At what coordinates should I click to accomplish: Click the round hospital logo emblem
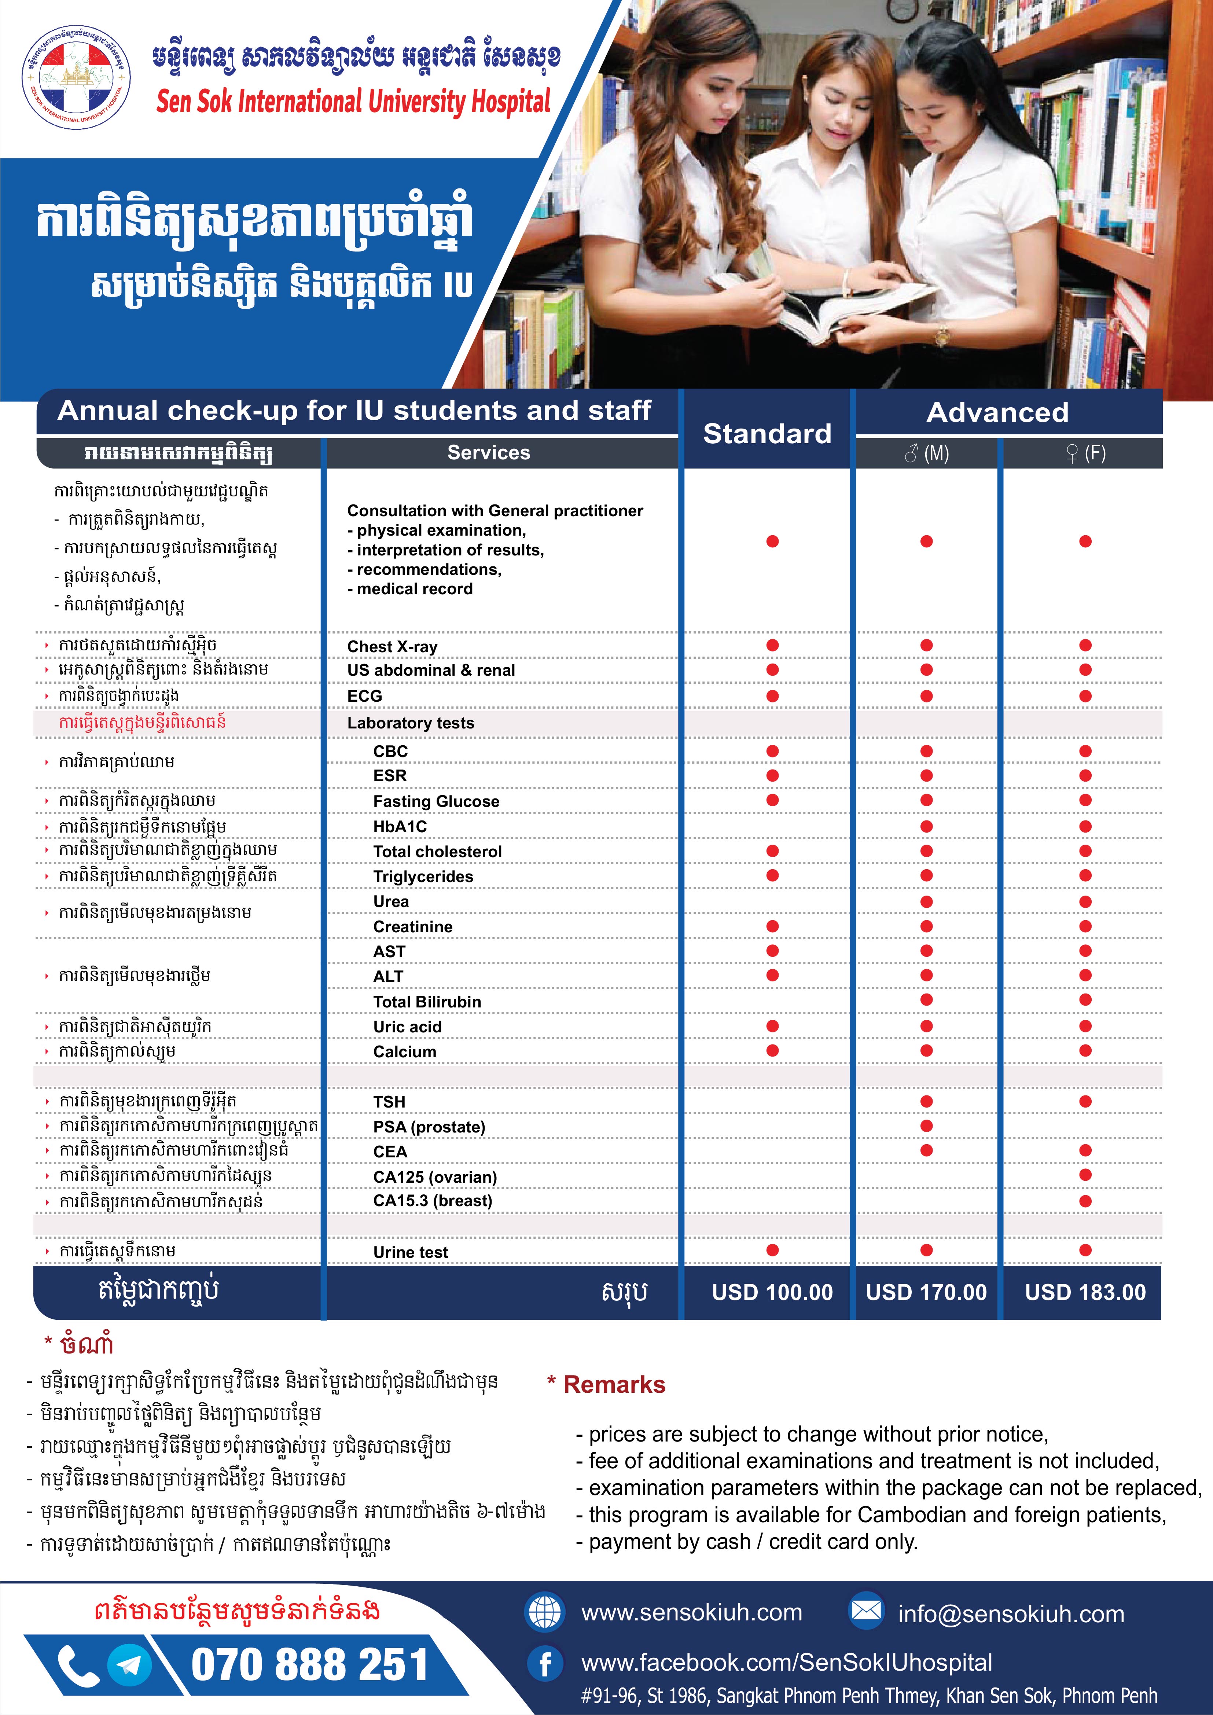coord(77,77)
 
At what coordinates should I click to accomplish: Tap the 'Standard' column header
coord(767,433)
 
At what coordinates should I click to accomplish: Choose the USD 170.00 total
coord(926,1292)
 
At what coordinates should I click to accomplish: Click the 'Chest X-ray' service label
coord(392,647)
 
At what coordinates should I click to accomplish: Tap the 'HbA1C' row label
coord(400,826)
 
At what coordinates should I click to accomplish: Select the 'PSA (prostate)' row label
coord(429,1126)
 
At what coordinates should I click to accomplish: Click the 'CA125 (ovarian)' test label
coord(435,1177)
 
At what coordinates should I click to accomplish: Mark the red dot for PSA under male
coord(926,1125)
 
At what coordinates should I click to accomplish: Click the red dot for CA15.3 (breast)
coord(1085,1201)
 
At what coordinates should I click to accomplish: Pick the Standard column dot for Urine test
coord(772,1251)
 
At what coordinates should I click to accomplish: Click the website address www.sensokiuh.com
coord(692,1613)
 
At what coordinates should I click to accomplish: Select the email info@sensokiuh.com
coord(1011,1614)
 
